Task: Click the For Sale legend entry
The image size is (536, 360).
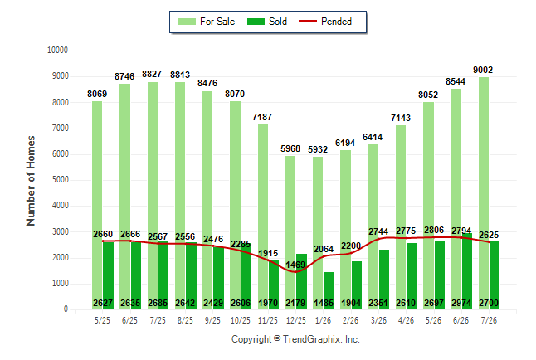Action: coord(207,22)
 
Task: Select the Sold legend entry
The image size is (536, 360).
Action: coord(267,22)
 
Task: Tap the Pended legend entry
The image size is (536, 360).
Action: coord(325,22)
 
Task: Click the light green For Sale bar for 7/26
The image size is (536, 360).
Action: coord(484,193)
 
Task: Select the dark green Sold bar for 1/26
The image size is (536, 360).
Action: coord(329,290)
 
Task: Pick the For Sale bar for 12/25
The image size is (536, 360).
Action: coord(290,232)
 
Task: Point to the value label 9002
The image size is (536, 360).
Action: coord(483,70)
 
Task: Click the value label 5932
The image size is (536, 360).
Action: coord(318,149)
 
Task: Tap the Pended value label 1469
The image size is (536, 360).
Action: coord(295,265)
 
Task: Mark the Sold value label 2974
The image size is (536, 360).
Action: coord(461,303)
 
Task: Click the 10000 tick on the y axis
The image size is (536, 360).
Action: coord(57,51)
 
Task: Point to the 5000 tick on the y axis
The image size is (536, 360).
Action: coord(61,180)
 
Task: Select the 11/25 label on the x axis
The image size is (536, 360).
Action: coord(268,320)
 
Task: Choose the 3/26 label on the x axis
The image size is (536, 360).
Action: coord(378,320)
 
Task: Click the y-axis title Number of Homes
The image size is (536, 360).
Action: coord(31,181)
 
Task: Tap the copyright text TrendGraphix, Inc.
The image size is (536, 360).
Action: coord(321,339)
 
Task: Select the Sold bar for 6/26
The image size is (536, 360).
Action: coord(466,271)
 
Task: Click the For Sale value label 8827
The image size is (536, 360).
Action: coord(152,74)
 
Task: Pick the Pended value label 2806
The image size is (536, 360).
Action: coord(434,230)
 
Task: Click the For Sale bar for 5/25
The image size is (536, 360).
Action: coord(97,205)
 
